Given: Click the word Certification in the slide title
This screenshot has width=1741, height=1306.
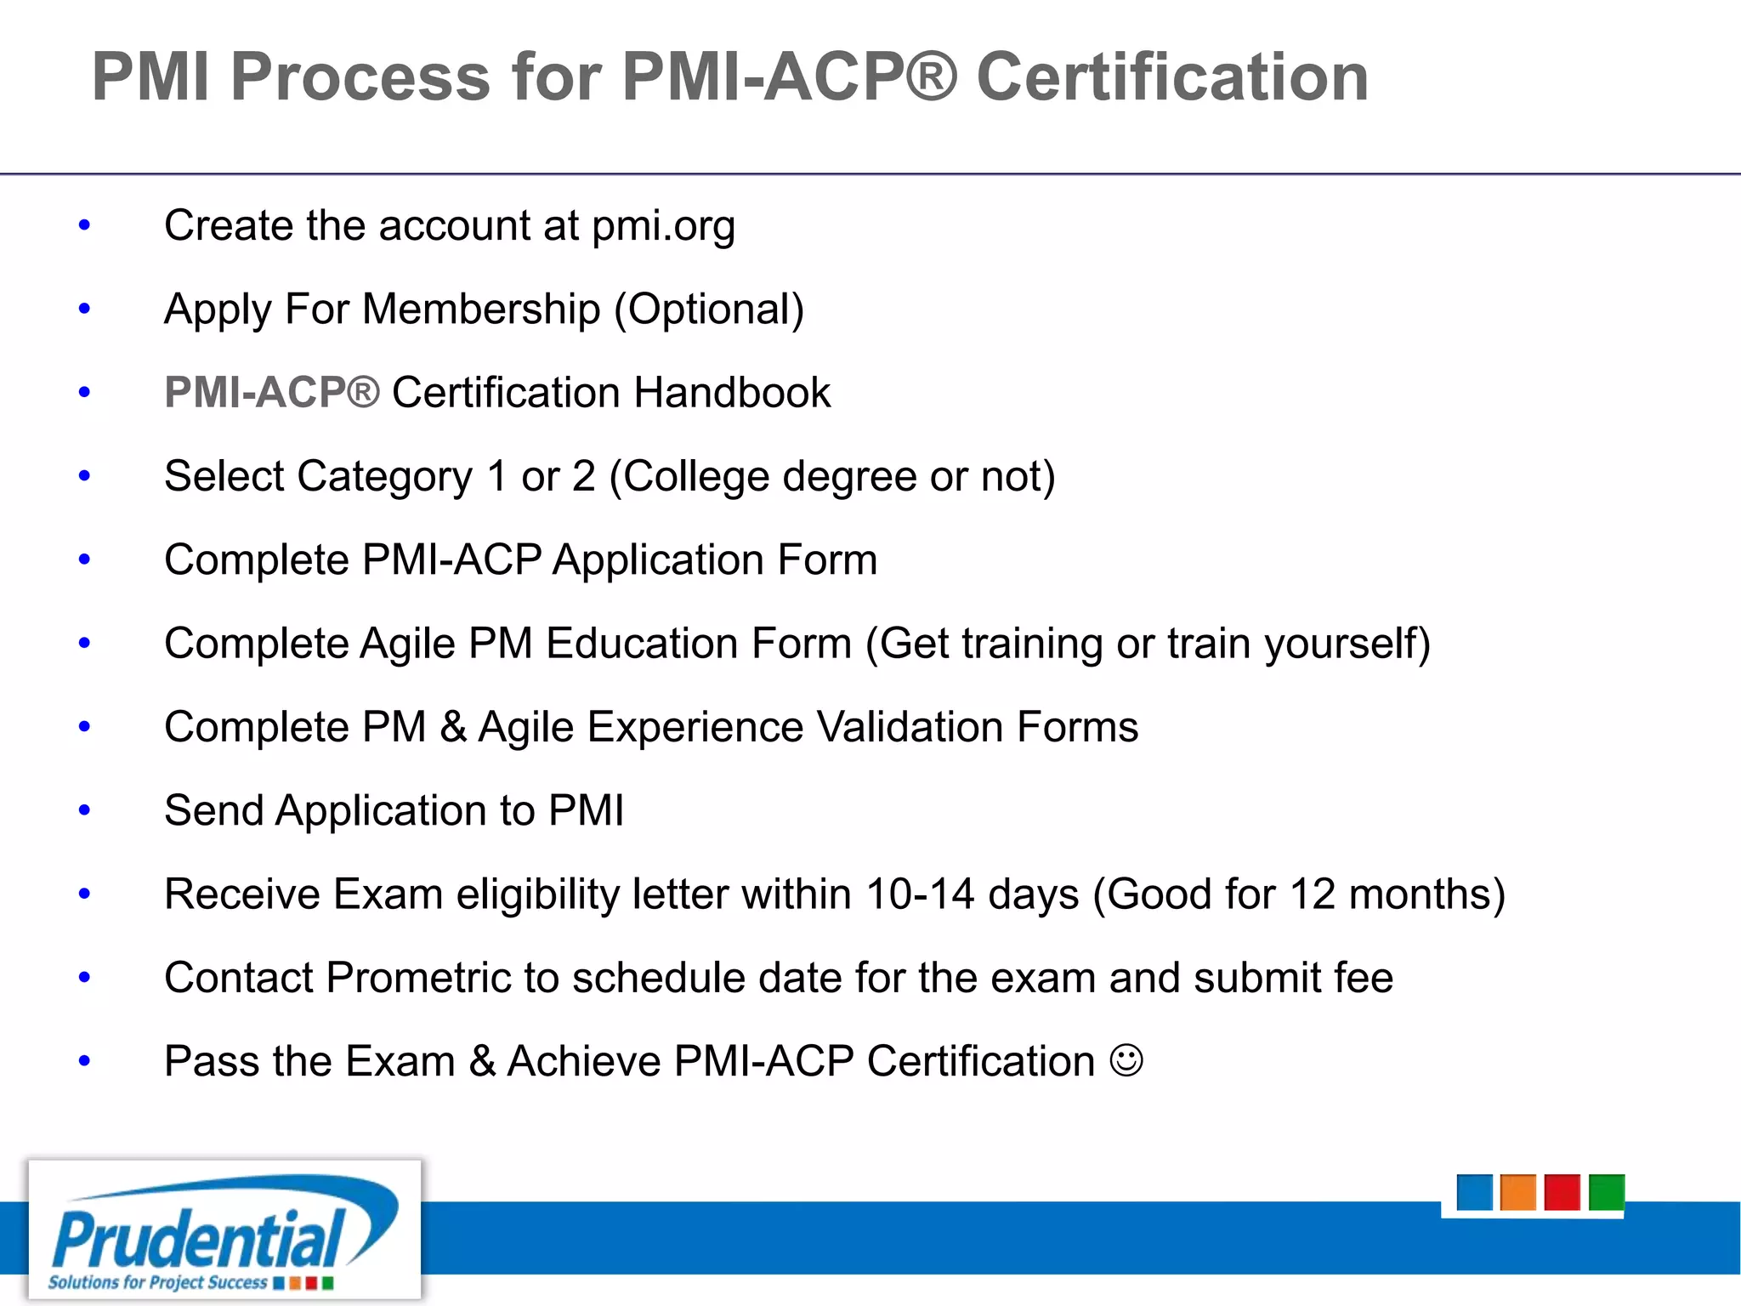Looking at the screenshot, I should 1172,77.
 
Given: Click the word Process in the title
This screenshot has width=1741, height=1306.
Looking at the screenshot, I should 360,77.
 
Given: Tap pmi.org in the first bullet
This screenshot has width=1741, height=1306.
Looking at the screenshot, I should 663,226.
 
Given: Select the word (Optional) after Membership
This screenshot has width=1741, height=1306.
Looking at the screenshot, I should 709,309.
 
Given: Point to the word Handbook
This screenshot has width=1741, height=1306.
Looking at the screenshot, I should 732,393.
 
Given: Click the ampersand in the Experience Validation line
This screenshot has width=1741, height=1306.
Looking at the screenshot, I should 453,727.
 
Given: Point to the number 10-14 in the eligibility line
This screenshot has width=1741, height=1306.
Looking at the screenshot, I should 920,894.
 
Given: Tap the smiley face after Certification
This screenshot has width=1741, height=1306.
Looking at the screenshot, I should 1126,1060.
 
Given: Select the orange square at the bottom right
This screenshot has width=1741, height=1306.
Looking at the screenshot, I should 1518,1192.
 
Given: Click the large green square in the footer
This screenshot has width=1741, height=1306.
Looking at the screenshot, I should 1607,1192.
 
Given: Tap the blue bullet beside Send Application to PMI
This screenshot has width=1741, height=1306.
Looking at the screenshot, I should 84,810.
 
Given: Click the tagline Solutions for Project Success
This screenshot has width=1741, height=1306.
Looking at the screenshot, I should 158,1282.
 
